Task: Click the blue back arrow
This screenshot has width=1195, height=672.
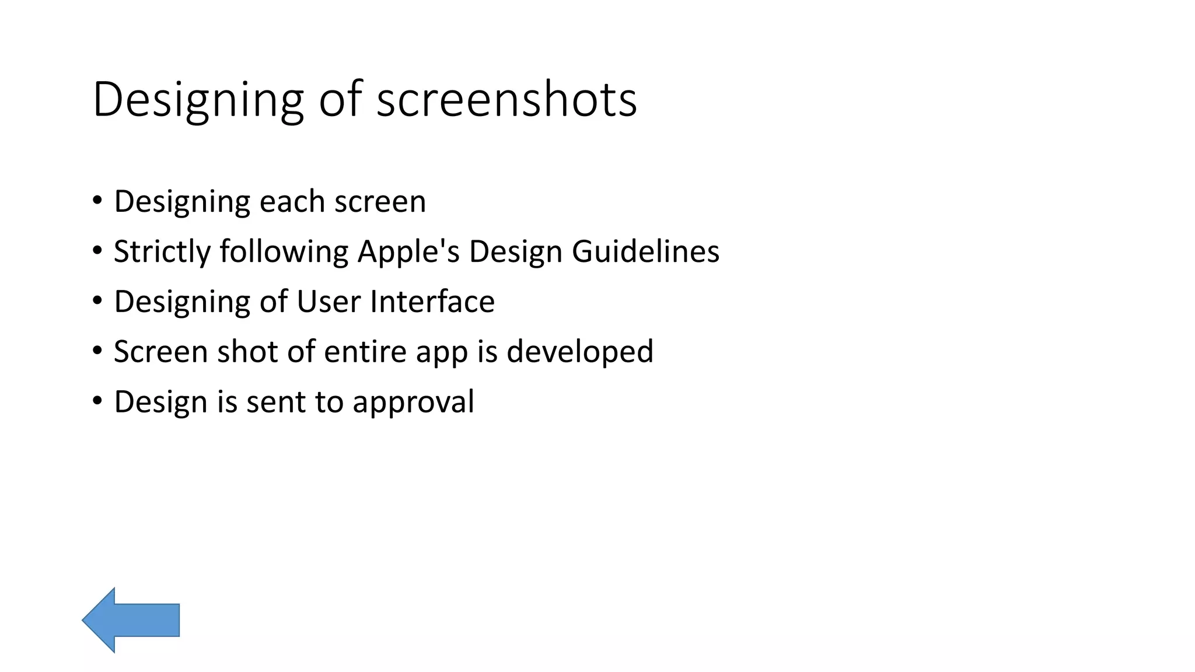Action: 130,619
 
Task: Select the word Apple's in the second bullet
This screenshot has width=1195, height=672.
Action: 408,252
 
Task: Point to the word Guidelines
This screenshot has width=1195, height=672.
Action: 645,252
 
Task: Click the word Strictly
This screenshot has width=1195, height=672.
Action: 162,252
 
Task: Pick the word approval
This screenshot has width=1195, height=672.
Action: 413,402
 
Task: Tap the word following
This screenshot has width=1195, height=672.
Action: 284,252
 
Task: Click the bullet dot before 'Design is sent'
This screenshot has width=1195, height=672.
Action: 97,401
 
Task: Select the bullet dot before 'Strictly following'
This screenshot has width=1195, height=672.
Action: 97,250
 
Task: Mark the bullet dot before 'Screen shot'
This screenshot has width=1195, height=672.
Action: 97,351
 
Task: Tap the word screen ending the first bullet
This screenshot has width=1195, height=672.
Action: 380,202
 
